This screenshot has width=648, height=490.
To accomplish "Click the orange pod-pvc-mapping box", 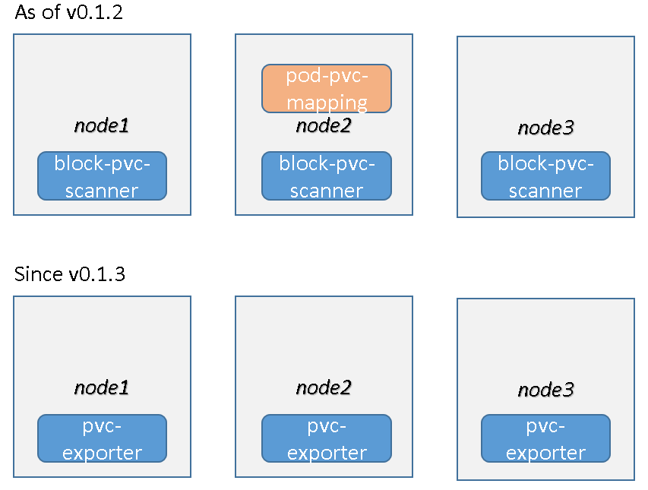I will pos(326,88).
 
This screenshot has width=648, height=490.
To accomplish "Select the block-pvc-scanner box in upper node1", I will pos(102,176).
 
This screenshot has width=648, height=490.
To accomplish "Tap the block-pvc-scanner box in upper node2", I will pos(326,176).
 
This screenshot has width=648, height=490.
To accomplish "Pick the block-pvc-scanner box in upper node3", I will pos(545,176).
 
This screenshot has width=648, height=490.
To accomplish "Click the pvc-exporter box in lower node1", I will pos(102,439).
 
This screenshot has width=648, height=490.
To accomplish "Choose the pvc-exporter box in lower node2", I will pos(326,439).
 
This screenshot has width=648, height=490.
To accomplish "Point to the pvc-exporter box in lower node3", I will pos(545,439).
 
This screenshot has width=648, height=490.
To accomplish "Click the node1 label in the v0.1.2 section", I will pos(102,125).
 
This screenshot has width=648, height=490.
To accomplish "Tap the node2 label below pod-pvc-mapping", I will pos(324,125).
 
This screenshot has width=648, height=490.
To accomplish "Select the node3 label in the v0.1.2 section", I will pos(545,128).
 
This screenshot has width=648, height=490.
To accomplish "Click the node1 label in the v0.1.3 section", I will pos(102,387).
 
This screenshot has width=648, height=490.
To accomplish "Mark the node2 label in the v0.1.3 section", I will pos(324,387).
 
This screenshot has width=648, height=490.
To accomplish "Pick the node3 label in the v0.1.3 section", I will pos(545,390).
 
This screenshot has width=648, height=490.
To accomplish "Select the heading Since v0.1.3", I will pos(69,274).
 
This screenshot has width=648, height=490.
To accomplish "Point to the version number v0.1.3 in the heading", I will pos(96,274).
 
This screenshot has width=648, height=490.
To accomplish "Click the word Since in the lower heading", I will pos(39,274).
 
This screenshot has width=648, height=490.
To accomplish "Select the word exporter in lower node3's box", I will pos(545,453).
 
